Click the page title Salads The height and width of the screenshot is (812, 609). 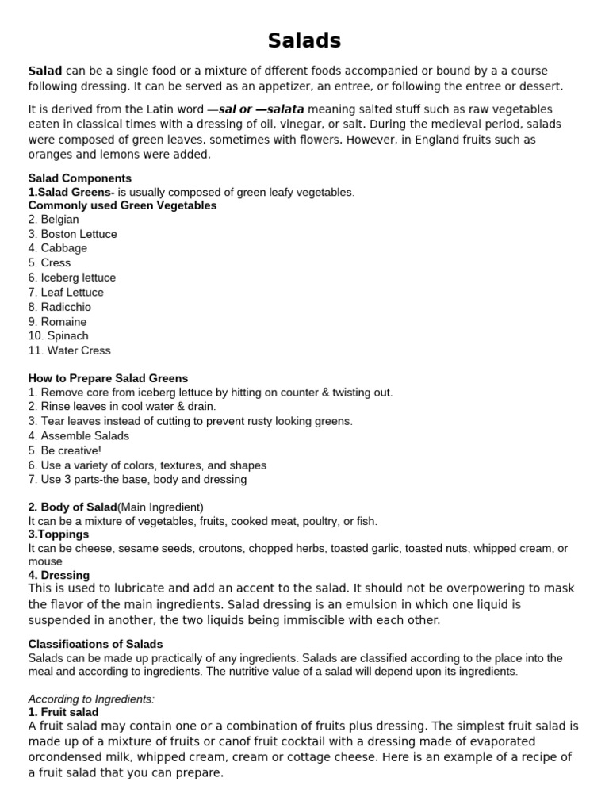(x=304, y=40)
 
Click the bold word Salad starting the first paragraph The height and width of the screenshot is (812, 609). (x=46, y=71)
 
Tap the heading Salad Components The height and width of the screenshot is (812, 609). (x=80, y=178)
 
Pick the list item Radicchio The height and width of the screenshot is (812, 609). (x=66, y=307)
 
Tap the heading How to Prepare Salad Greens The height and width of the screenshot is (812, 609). (x=108, y=378)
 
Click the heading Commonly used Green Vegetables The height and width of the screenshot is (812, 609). (x=122, y=205)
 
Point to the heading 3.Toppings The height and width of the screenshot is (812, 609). (x=59, y=535)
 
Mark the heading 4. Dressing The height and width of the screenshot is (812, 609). (x=59, y=575)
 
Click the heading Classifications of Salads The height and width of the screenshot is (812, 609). (x=95, y=644)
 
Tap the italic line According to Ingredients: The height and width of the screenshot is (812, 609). (x=91, y=699)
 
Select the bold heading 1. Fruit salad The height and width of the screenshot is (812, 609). (x=63, y=713)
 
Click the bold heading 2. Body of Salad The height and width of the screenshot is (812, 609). (x=72, y=507)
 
